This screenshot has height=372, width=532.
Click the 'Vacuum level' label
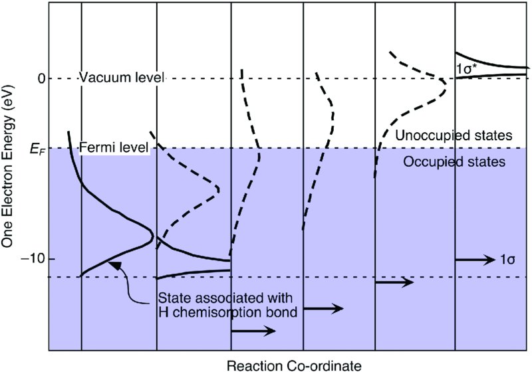(x=121, y=78)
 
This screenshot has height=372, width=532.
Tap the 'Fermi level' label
(x=113, y=147)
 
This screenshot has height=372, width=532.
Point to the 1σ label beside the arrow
(x=509, y=260)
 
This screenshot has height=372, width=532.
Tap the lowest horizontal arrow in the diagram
(x=252, y=331)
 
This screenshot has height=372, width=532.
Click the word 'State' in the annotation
(x=172, y=296)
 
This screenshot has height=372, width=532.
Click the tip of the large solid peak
(x=152, y=235)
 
